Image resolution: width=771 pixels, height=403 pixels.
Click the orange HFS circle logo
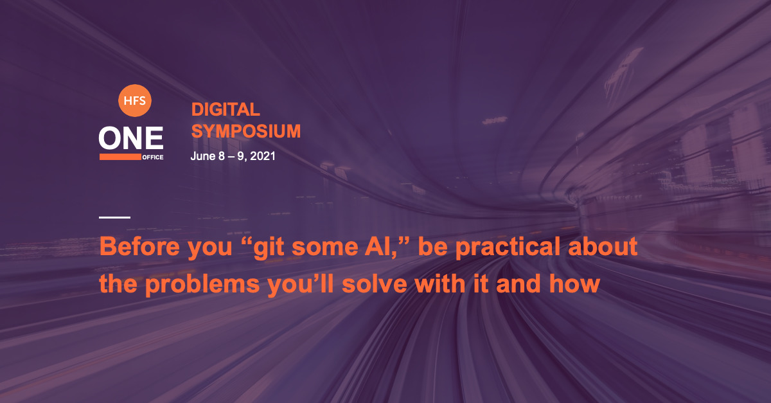(134, 100)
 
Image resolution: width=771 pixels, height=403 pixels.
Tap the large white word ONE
(131, 138)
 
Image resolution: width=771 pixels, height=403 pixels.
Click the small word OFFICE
(153, 157)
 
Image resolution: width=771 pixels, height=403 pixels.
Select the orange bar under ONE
(120, 157)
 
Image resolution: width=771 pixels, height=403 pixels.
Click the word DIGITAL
(226, 109)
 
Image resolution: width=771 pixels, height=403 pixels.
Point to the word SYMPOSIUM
(245, 131)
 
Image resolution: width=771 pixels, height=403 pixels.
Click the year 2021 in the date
(263, 156)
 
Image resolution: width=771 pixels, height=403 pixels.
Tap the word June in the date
(203, 156)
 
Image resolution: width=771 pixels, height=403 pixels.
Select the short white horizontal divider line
(114, 217)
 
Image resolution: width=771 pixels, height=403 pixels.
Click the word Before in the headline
(140, 247)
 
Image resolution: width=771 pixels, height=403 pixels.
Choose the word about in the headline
(603, 247)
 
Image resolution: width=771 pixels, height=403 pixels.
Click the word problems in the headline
(202, 285)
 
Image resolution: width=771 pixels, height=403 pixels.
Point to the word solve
(375, 284)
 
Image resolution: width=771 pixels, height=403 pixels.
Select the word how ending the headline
(574, 284)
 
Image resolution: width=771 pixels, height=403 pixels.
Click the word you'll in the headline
(301, 285)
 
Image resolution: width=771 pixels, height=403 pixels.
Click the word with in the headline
(439, 284)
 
